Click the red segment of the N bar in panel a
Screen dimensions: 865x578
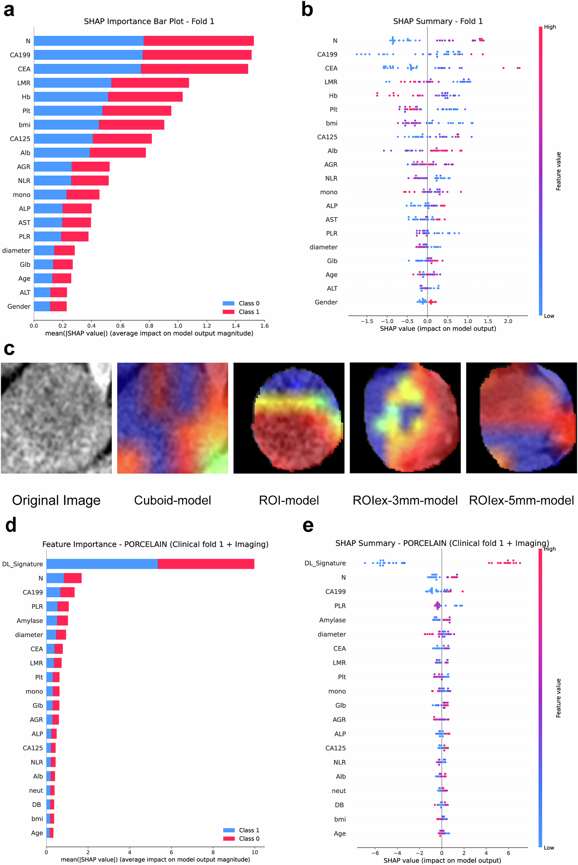click(x=198, y=41)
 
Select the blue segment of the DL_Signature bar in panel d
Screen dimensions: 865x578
click(x=102, y=564)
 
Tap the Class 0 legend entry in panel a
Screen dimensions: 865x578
click(x=241, y=303)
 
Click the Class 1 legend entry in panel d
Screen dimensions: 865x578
click(x=242, y=830)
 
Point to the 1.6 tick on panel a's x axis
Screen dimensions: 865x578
click(x=264, y=326)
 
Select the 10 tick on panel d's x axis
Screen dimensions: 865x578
click(x=254, y=852)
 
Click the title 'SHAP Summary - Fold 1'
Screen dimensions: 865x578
click(x=437, y=21)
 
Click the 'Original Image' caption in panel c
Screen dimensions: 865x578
click(x=56, y=500)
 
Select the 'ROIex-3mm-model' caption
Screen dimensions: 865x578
click(x=405, y=500)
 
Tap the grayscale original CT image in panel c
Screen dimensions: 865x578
click(x=56, y=418)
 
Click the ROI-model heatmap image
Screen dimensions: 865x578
click(x=289, y=418)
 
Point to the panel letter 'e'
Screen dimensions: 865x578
click(x=308, y=525)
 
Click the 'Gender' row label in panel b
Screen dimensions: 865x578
click(x=326, y=302)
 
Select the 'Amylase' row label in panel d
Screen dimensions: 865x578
click(x=29, y=621)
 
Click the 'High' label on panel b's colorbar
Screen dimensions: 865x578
click(x=550, y=27)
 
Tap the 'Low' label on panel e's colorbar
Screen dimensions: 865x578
click(x=549, y=848)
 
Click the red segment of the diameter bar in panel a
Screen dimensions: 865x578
click(x=64, y=251)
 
